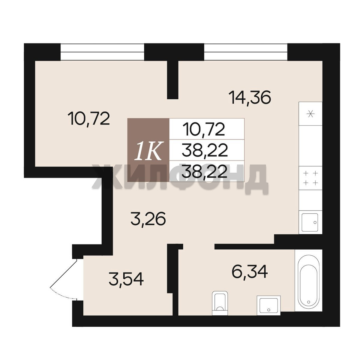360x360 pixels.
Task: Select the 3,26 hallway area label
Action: point(148,219)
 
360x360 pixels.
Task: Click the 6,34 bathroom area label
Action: point(250,272)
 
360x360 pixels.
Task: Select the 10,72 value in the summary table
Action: point(203,129)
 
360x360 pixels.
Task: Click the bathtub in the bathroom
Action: point(309,281)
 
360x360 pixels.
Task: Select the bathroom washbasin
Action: point(268,305)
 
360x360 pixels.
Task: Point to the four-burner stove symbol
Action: point(311,178)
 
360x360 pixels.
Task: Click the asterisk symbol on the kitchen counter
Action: point(311,114)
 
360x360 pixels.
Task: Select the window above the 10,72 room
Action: point(102,52)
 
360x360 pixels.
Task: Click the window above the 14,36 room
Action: point(246,52)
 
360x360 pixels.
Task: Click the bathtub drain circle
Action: point(309,302)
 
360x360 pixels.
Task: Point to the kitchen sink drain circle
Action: point(315,222)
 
